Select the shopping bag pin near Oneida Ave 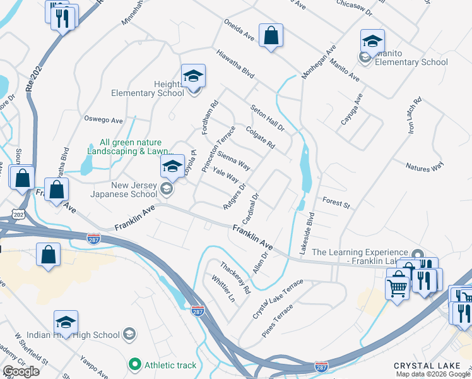pyautogui.click(x=271, y=37)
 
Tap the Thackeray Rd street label pyautogui.click(x=235, y=277)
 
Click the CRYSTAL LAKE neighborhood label pyautogui.click(x=423, y=366)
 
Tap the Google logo pyautogui.click(x=21, y=371)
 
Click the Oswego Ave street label pyautogui.click(x=103, y=119)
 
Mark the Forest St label pyautogui.click(x=336, y=204)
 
